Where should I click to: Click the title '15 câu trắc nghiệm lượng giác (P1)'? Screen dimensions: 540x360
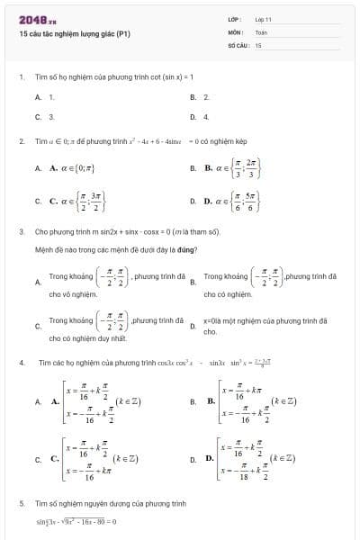click(x=75, y=33)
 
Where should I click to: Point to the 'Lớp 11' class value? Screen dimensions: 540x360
click(x=263, y=19)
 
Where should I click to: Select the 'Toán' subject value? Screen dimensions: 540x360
click(x=261, y=31)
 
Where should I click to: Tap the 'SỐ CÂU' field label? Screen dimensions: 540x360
click(x=237, y=44)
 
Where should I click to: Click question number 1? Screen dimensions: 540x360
click(x=21, y=77)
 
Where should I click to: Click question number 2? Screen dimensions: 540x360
click(x=21, y=141)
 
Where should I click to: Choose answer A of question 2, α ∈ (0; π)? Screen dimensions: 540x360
click(x=72, y=168)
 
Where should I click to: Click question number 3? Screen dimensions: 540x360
click(x=21, y=231)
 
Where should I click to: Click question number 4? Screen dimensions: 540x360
click(x=21, y=363)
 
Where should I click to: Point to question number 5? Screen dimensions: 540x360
click(x=21, y=504)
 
